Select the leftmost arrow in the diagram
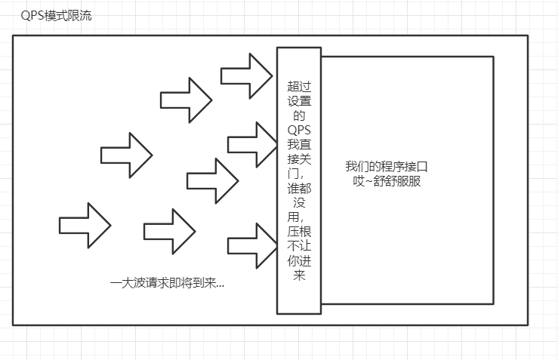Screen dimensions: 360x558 coord(85,225)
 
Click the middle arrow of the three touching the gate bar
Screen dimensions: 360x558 coord(252,143)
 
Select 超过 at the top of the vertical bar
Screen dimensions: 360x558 coord(298,87)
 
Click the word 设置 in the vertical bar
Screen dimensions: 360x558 coord(298,101)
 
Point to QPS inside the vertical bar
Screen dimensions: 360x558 coord(299,130)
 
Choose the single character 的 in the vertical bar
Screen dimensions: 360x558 coord(299,115)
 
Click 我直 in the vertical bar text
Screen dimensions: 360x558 coord(298,144)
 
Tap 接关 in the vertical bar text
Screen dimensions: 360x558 coord(298,158)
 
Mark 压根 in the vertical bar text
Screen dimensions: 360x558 coord(298,232)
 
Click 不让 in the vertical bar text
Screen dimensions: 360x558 coord(298,246)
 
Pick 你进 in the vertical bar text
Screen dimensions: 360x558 coord(298,260)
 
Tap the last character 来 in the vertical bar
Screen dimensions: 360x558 coord(299,275)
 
